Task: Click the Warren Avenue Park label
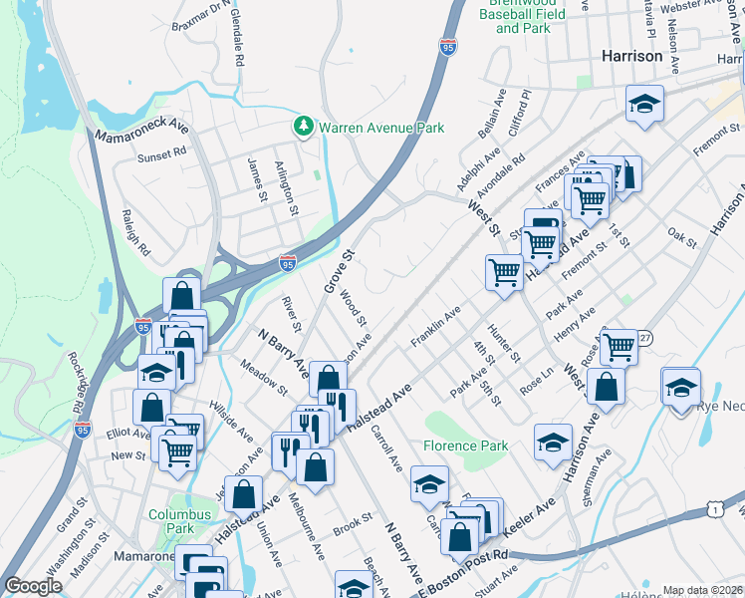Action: (x=380, y=128)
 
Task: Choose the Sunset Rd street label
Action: (x=162, y=155)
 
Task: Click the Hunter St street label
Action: (x=503, y=343)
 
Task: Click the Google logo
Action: (x=33, y=586)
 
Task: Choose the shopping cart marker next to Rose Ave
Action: (x=619, y=347)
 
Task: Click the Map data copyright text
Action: (x=702, y=590)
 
